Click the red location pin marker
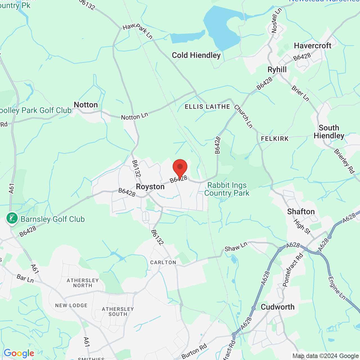(180, 168)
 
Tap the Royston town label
(150, 187)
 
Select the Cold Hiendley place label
(196, 55)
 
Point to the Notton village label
(86, 105)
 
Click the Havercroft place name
(312, 46)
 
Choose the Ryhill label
(277, 70)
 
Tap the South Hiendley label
(329, 132)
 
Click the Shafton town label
(301, 212)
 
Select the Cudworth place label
(278, 307)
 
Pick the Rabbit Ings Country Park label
(227, 189)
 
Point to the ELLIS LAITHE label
(207, 107)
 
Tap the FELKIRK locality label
(275, 139)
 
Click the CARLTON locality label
(163, 262)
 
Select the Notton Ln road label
(134, 116)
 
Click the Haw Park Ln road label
(138, 30)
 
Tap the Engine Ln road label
(337, 288)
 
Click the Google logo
(19, 353)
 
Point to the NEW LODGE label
(71, 305)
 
